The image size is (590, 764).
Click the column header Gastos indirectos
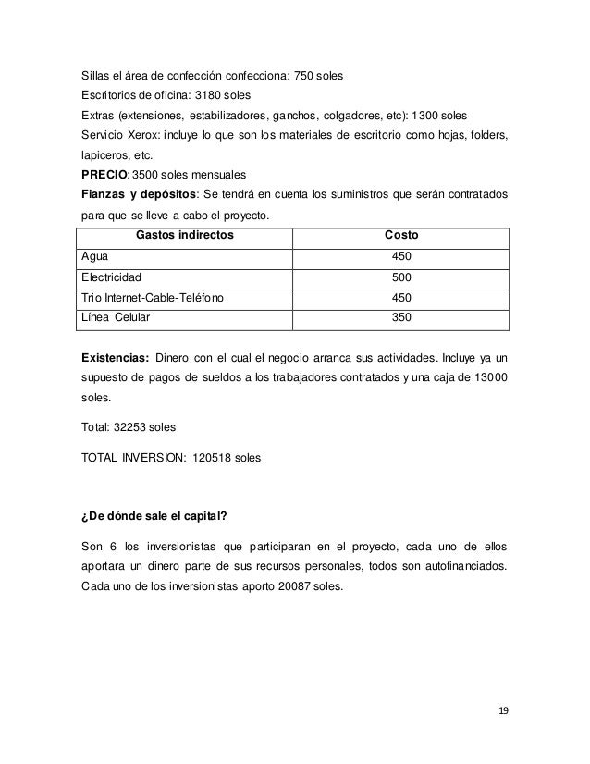tap(185, 235)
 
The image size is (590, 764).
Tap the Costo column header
tap(401, 235)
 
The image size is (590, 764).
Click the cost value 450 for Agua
tap(401, 256)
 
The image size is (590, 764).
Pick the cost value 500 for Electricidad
tap(401, 277)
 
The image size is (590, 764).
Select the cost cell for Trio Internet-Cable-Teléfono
tap(401, 298)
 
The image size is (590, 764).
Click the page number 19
tap(503, 711)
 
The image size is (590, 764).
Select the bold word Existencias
tap(115, 356)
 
